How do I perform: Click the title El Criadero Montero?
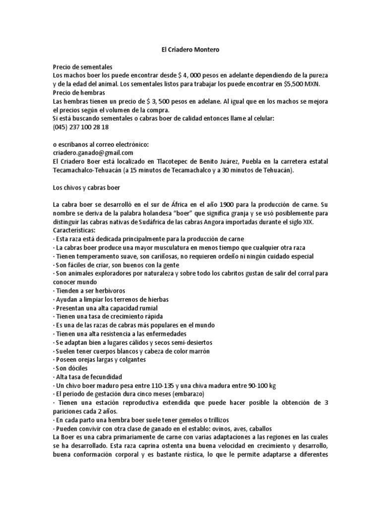[190, 50]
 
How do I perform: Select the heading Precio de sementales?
[83, 66]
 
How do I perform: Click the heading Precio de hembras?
[79, 92]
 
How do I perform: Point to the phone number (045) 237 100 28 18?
[80, 127]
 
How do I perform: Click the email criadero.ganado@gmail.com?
[93, 152]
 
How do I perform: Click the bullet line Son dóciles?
[70, 368]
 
